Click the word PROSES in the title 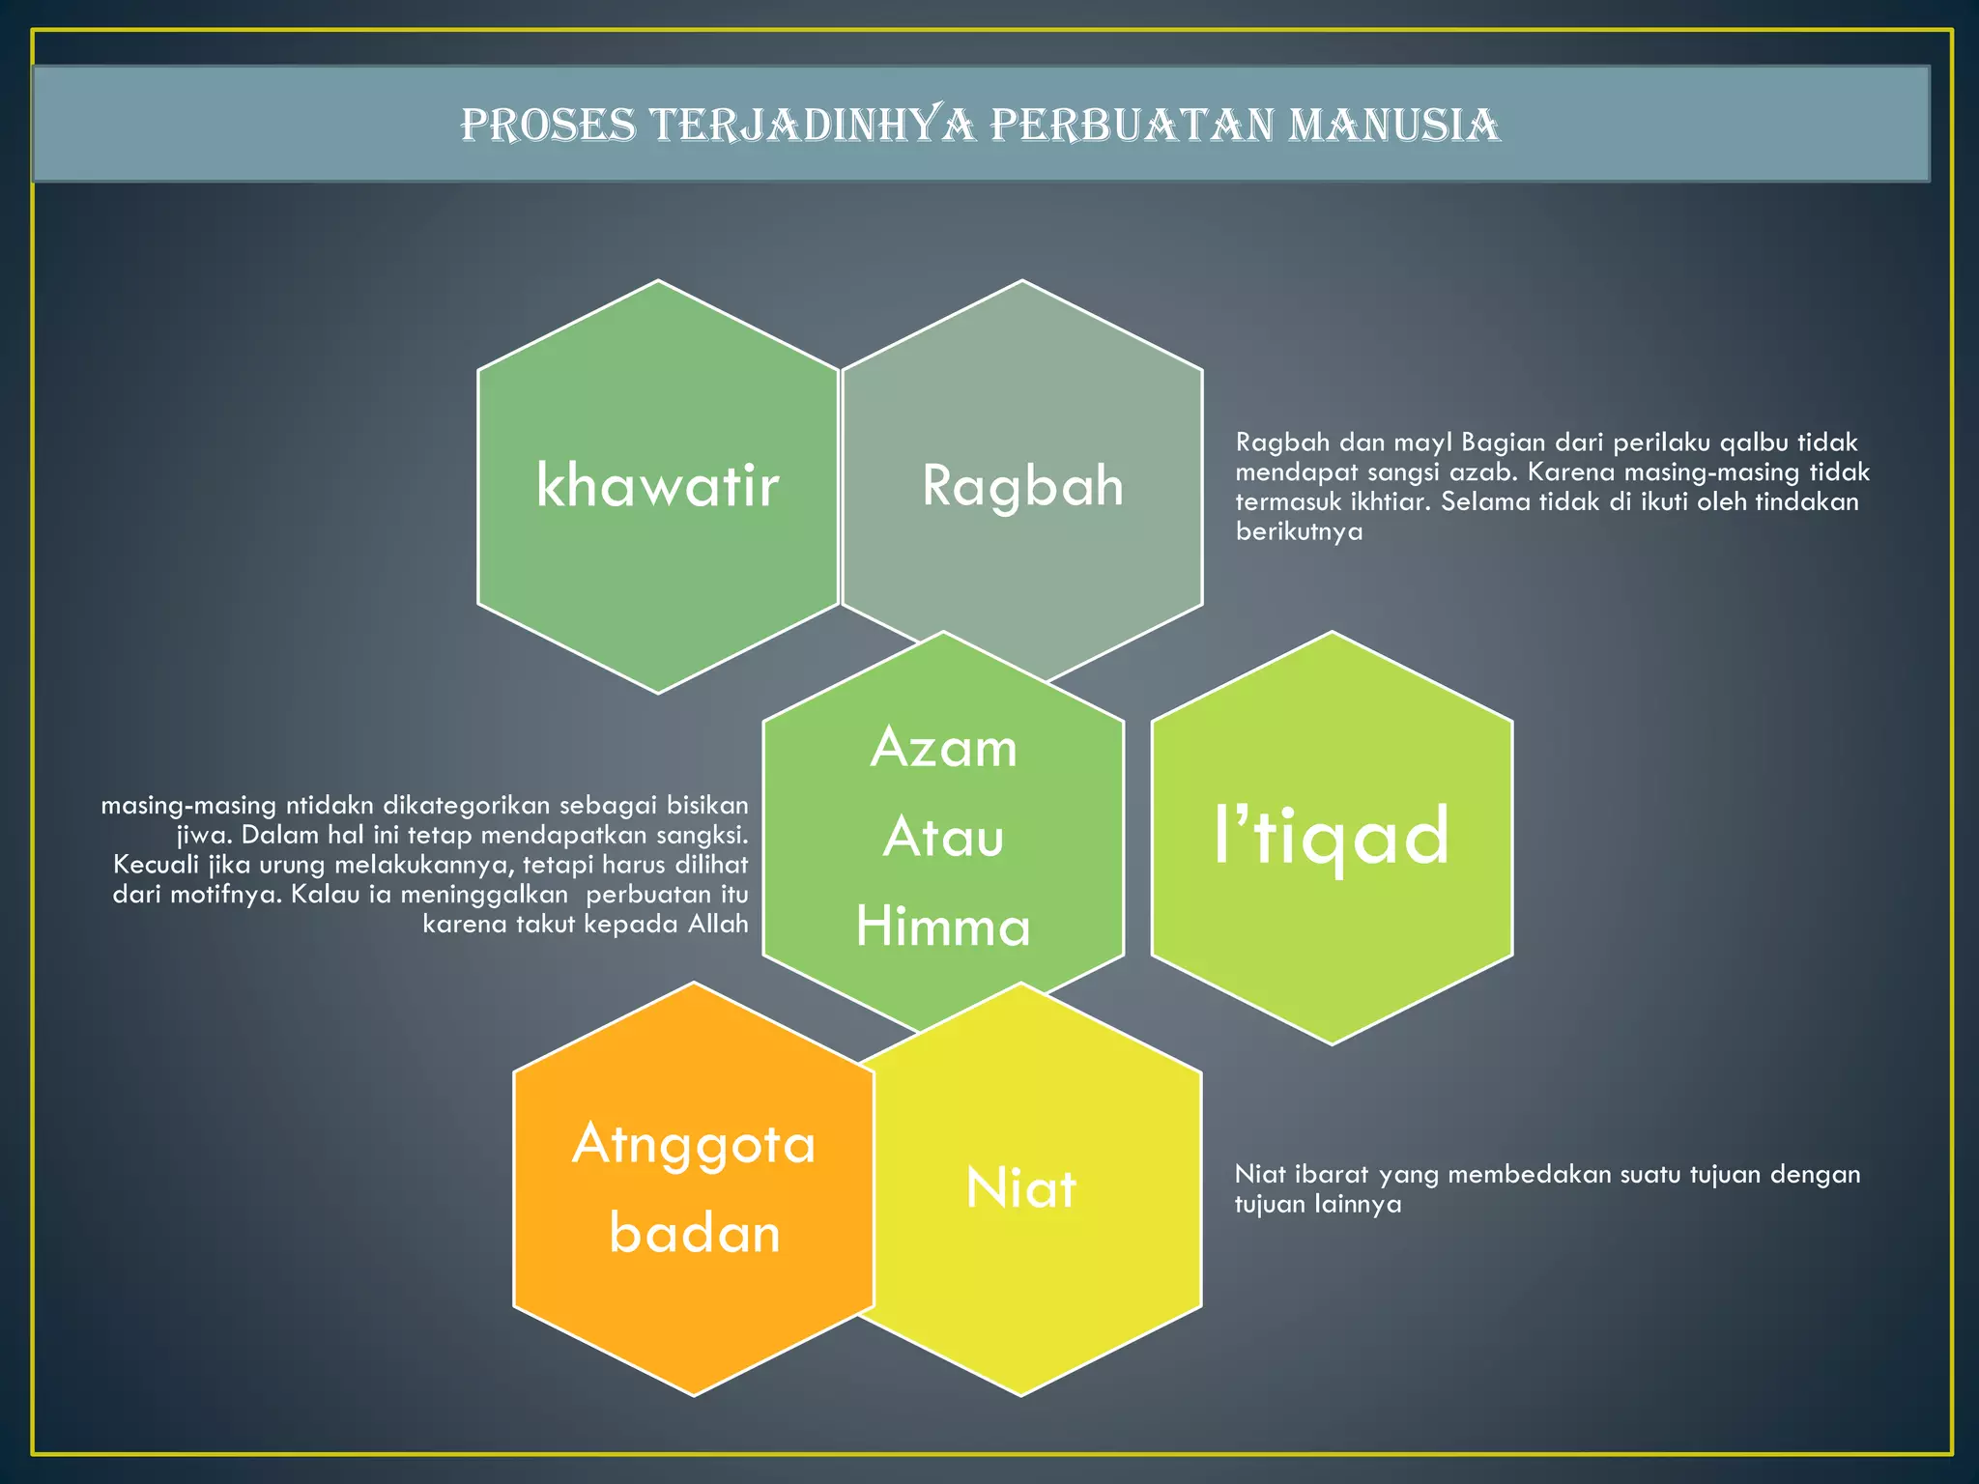(x=548, y=125)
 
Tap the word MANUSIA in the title (x=1393, y=125)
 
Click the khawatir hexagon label (x=657, y=485)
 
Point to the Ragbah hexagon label (x=1022, y=485)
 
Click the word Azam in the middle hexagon (x=943, y=748)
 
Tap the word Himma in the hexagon (x=943, y=927)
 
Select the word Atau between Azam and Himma (x=943, y=837)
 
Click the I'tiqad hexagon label (x=1332, y=836)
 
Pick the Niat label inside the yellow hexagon (x=1020, y=1187)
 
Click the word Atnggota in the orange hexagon (x=694, y=1144)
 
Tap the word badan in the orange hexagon (x=694, y=1234)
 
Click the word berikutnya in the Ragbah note (x=1299, y=531)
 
